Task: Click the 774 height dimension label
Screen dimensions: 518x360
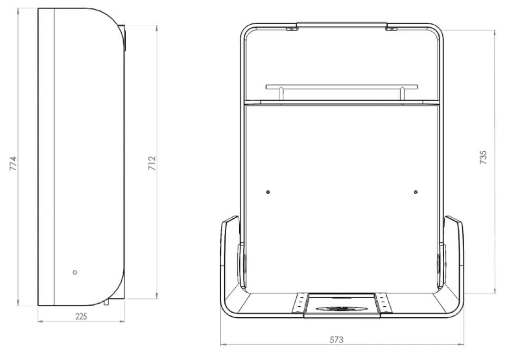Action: pyautogui.click(x=13, y=163)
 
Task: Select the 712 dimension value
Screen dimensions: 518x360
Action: pyautogui.click(x=152, y=163)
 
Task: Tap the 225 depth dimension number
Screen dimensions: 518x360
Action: pyautogui.click(x=81, y=316)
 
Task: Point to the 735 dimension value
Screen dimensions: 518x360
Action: pyautogui.click(x=483, y=158)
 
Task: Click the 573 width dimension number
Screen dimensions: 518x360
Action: pyautogui.click(x=337, y=339)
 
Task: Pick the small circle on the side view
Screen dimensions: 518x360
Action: pyautogui.click(x=75, y=273)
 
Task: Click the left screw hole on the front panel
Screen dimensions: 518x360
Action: pyautogui.click(x=268, y=192)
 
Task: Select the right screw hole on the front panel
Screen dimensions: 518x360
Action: pyautogui.click(x=416, y=192)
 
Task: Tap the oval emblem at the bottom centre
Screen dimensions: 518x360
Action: pyautogui.click(x=341, y=309)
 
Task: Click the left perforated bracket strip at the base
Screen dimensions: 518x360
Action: pyautogui.click(x=300, y=303)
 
